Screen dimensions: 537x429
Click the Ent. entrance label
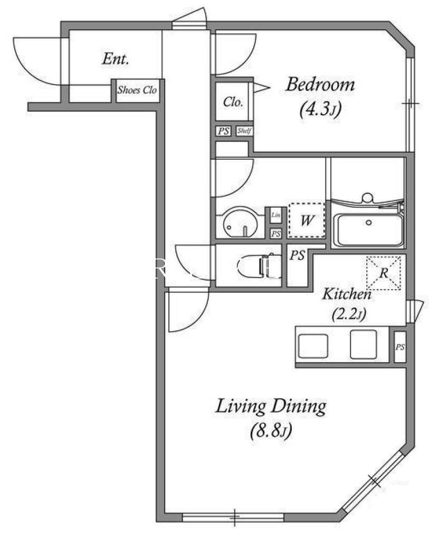click(115, 59)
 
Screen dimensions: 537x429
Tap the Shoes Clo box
click(137, 90)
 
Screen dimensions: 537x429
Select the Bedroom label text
click(320, 85)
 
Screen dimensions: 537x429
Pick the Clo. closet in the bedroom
click(233, 102)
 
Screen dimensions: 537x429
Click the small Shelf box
click(244, 131)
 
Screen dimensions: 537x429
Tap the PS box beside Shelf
click(223, 131)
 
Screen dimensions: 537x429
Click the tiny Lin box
click(275, 215)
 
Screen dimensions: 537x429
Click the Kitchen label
click(347, 294)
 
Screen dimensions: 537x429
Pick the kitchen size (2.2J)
click(349, 316)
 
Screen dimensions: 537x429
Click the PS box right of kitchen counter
click(401, 347)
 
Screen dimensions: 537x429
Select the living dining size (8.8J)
click(271, 432)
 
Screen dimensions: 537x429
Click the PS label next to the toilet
click(297, 256)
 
